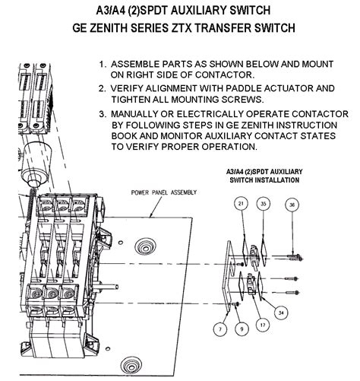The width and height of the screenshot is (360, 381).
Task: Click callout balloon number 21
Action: (241, 203)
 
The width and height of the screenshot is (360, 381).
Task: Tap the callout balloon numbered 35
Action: (264, 204)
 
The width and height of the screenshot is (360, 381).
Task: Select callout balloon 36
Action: (292, 205)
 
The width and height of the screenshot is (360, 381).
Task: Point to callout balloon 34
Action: (281, 313)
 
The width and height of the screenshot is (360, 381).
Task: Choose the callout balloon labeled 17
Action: (263, 325)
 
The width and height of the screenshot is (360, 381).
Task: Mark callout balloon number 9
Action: (242, 329)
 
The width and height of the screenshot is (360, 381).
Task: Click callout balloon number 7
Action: (220, 329)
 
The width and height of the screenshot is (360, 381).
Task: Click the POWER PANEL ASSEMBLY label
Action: (164, 192)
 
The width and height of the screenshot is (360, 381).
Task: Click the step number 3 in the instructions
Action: (102, 114)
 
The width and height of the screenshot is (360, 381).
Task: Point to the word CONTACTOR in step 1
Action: (224, 75)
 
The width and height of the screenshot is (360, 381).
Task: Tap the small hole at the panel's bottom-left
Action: (108, 349)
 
